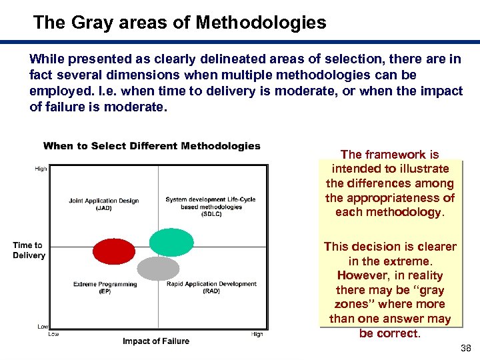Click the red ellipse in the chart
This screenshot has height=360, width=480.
coord(113,251)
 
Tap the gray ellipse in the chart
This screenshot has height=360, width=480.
coord(158,268)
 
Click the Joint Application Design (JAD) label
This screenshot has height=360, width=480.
coord(103,204)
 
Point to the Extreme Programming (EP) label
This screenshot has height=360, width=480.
coord(105,287)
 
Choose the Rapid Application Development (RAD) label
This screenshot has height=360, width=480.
coord(211,287)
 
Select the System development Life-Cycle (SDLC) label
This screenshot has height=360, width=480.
coord(210,207)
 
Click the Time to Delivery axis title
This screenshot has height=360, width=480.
coord(29,250)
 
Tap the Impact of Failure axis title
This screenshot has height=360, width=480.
coord(155,341)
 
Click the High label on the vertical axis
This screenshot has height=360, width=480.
coord(41,169)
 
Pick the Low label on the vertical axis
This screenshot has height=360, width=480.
coord(42,327)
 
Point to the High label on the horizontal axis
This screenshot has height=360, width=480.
coord(257,334)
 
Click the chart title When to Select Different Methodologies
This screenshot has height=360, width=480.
coord(151,146)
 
